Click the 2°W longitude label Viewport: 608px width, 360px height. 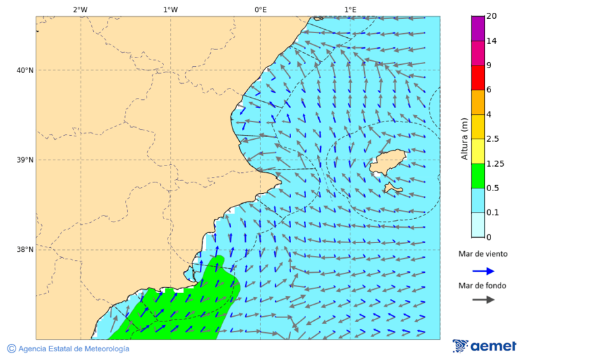(x=80, y=9)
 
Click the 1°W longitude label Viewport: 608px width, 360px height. (x=170, y=9)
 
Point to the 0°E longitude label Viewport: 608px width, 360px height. (x=260, y=9)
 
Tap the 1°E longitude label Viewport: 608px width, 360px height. (x=350, y=9)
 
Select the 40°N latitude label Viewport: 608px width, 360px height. (x=24, y=70)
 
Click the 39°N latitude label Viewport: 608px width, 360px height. (x=24, y=160)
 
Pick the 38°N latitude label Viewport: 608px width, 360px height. (x=24, y=250)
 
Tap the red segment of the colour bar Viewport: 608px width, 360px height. (x=478, y=78)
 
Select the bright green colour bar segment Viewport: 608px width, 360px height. (x=478, y=176)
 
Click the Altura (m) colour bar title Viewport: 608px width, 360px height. (x=464, y=139)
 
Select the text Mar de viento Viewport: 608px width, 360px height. (x=482, y=254)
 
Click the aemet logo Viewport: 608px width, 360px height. (x=484, y=346)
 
